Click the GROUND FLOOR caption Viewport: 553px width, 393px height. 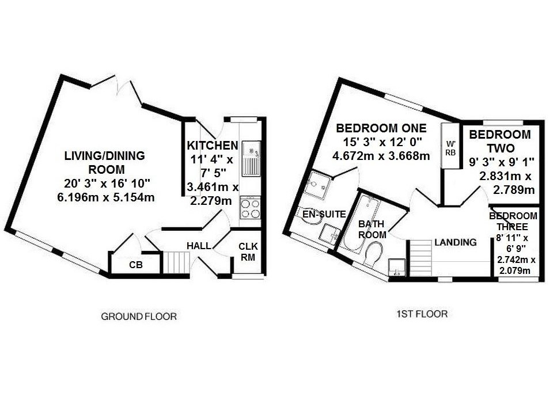click(x=138, y=316)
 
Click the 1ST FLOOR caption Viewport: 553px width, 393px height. click(x=422, y=314)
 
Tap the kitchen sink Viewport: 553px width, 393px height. click(x=251, y=159)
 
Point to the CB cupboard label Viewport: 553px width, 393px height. click(x=136, y=265)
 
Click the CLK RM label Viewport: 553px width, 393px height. click(x=248, y=252)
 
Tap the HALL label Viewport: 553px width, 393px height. click(x=198, y=246)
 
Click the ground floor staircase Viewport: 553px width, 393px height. click(x=175, y=262)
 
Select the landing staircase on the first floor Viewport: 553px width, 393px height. click(x=420, y=258)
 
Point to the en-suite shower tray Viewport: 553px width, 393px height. click(x=319, y=184)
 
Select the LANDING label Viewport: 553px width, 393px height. click(x=456, y=242)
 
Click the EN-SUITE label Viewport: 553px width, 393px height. click(x=324, y=215)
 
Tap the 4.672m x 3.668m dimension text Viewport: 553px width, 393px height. click(x=381, y=156)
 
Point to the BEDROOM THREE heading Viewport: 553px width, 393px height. click(x=513, y=221)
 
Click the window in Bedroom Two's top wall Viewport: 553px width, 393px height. click(x=503, y=122)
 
